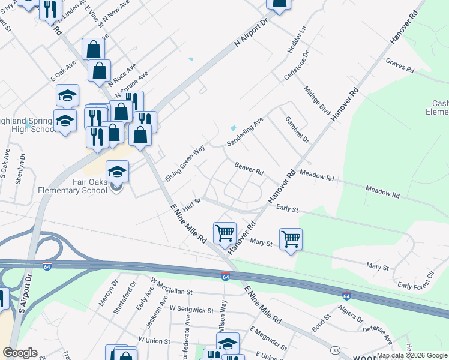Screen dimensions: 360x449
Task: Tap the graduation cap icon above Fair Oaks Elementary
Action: [118, 172]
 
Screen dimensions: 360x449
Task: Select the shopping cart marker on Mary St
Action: [291, 239]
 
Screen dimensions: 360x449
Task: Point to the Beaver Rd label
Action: [249, 168]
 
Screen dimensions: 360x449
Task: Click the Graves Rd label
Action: [400, 66]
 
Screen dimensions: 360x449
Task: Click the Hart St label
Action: [191, 205]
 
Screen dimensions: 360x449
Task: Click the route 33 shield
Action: [336, 350]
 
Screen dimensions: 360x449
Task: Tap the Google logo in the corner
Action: [20, 352]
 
